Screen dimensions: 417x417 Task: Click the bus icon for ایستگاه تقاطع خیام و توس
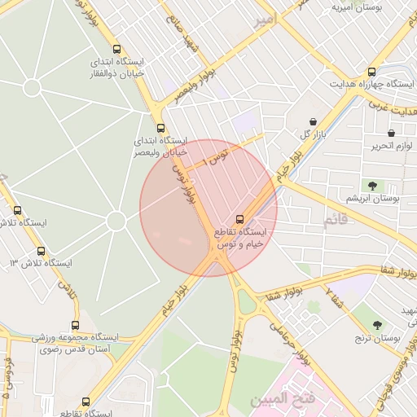239,218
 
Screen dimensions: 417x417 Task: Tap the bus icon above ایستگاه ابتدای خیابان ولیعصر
160,128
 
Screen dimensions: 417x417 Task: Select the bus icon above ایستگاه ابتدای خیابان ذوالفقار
117,49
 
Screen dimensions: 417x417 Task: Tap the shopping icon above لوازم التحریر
391,133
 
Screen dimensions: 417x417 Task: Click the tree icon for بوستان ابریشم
371,186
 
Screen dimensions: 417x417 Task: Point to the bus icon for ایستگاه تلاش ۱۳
41,251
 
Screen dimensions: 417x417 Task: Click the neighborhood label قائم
340,221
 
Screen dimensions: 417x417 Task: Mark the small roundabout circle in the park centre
116,221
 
